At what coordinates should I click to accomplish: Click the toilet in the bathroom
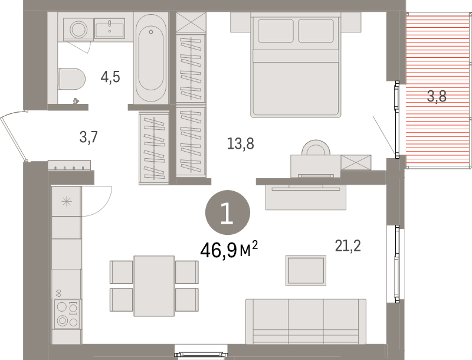[72, 77]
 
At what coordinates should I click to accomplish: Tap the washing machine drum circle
[77, 28]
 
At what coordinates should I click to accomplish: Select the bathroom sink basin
[110, 27]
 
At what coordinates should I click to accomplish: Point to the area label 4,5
[110, 77]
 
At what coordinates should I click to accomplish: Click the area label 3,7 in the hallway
[88, 138]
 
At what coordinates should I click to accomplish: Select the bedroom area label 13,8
[240, 143]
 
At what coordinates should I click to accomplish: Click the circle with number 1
[227, 212]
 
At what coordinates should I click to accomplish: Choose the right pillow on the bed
[319, 31]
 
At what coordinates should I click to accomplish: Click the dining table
[154, 286]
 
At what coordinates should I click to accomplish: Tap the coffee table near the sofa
[306, 270]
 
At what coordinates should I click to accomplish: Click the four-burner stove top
[66, 313]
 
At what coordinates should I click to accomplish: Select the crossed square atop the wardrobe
[191, 23]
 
